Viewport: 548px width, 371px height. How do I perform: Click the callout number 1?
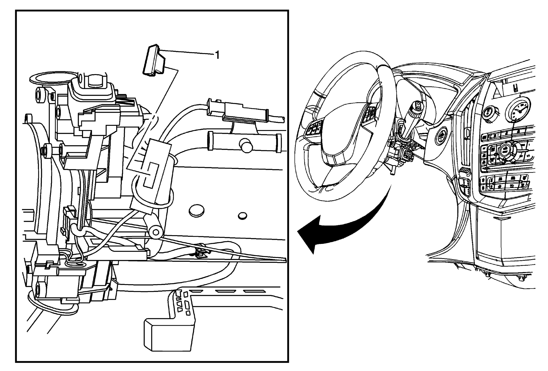click(217, 55)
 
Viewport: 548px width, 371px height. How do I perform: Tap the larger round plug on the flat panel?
click(197, 210)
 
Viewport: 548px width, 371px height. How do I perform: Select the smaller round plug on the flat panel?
click(243, 215)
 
